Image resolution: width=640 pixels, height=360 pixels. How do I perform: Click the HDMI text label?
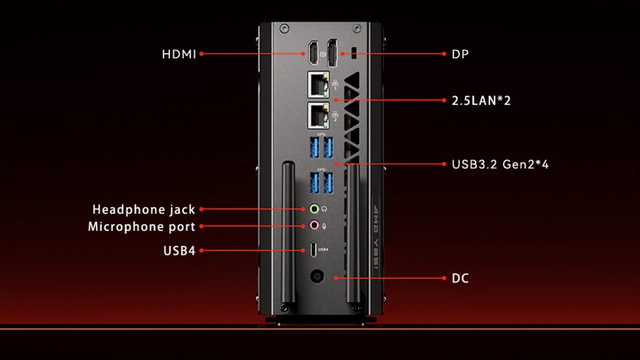pyautogui.click(x=179, y=54)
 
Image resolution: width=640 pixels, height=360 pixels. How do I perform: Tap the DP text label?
pyautogui.click(x=460, y=54)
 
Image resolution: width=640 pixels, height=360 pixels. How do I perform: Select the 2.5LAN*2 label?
pyautogui.click(x=481, y=100)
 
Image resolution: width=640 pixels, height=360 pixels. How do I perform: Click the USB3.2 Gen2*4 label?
pyautogui.click(x=500, y=164)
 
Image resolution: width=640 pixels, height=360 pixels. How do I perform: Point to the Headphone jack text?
pyautogui.click(x=143, y=209)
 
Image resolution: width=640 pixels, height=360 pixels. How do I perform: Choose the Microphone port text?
pyautogui.click(x=141, y=227)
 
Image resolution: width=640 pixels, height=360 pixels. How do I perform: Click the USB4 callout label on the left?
pyautogui.click(x=179, y=251)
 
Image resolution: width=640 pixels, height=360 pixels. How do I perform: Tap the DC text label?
pyautogui.click(x=460, y=278)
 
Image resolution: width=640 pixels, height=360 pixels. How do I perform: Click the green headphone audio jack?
pyautogui.click(x=314, y=209)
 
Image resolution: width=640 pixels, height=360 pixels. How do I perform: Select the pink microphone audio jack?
pyautogui.click(x=314, y=225)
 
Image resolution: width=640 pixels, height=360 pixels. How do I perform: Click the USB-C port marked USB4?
pyautogui.click(x=313, y=249)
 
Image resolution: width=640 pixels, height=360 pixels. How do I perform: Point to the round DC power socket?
pyautogui.click(x=317, y=276)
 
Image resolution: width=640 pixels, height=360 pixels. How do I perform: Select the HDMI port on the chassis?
pyautogui.click(x=313, y=53)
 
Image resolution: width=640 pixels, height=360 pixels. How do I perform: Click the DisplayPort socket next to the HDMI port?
pyautogui.click(x=332, y=53)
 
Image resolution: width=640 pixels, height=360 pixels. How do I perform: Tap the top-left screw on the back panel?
pyautogui.click(x=284, y=28)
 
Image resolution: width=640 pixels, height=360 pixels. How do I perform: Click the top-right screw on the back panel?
pyautogui.click(x=356, y=28)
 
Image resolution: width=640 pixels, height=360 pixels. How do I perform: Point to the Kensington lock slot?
pyautogui.click(x=354, y=53)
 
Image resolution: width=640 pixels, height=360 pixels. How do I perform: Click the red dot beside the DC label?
pyautogui.click(x=444, y=278)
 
